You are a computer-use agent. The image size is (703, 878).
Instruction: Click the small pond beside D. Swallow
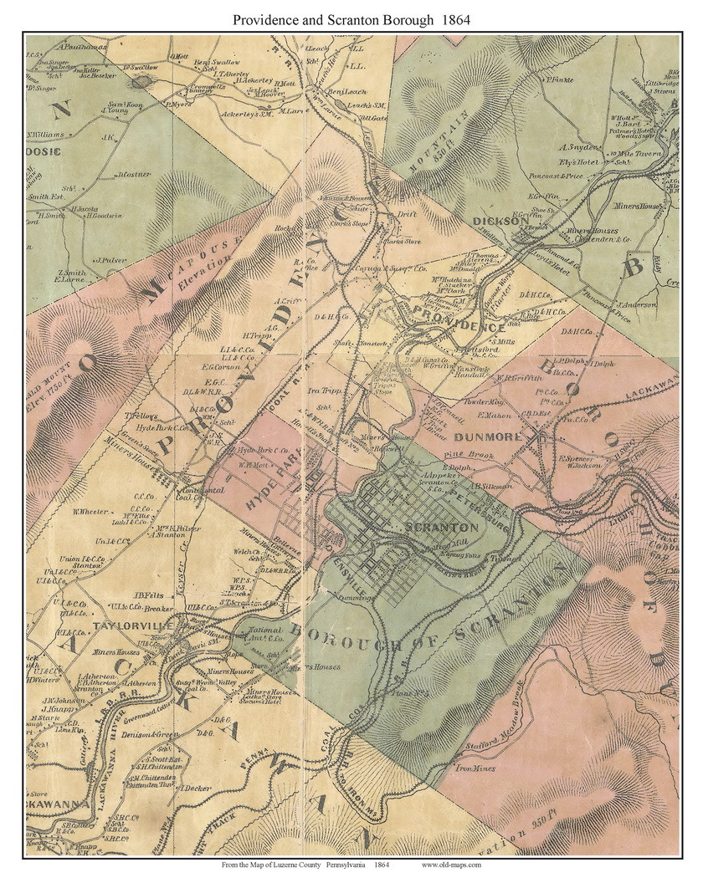[x=140, y=82]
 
